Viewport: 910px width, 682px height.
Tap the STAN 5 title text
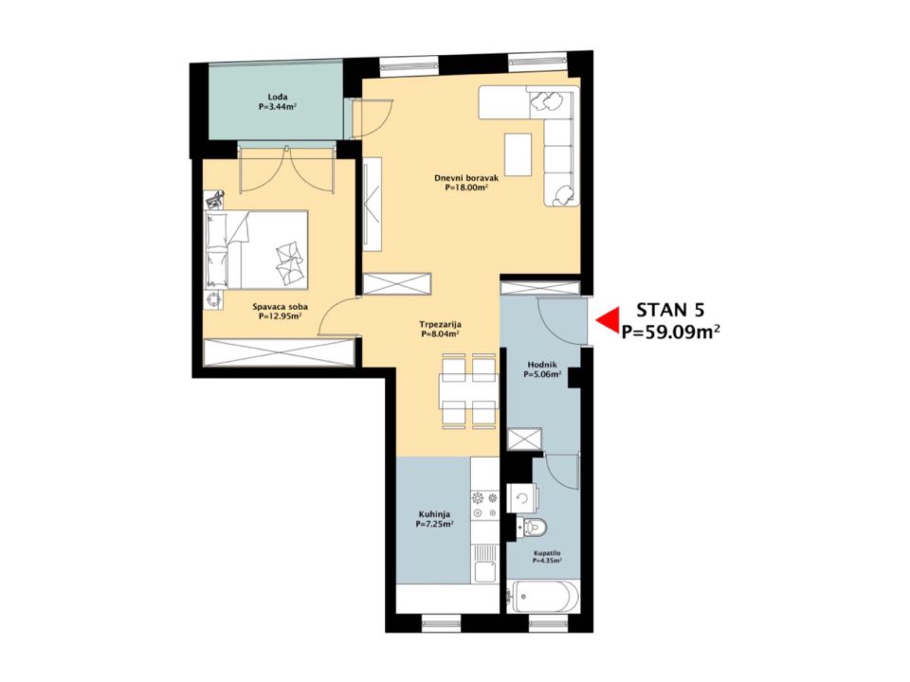click(x=670, y=310)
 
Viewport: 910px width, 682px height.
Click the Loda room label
click(x=278, y=97)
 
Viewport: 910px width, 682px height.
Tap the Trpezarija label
click(x=440, y=325)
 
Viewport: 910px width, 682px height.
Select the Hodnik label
click(x=542, y=365)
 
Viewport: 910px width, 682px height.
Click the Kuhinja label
click(x=434, y=513)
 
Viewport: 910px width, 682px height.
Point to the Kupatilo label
click(x=547, y=553)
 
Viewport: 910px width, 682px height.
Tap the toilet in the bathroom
click(x=535, y=528)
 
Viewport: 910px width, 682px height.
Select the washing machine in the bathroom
click(x=521, y=498)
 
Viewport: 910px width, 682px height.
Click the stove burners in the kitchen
click(x=485, y=505)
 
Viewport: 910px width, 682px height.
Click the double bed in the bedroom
click(x=256, y=250)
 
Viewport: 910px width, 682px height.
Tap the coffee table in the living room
click(x=519, y=154)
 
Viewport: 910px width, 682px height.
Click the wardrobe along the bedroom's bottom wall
click(x=279, y=353)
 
